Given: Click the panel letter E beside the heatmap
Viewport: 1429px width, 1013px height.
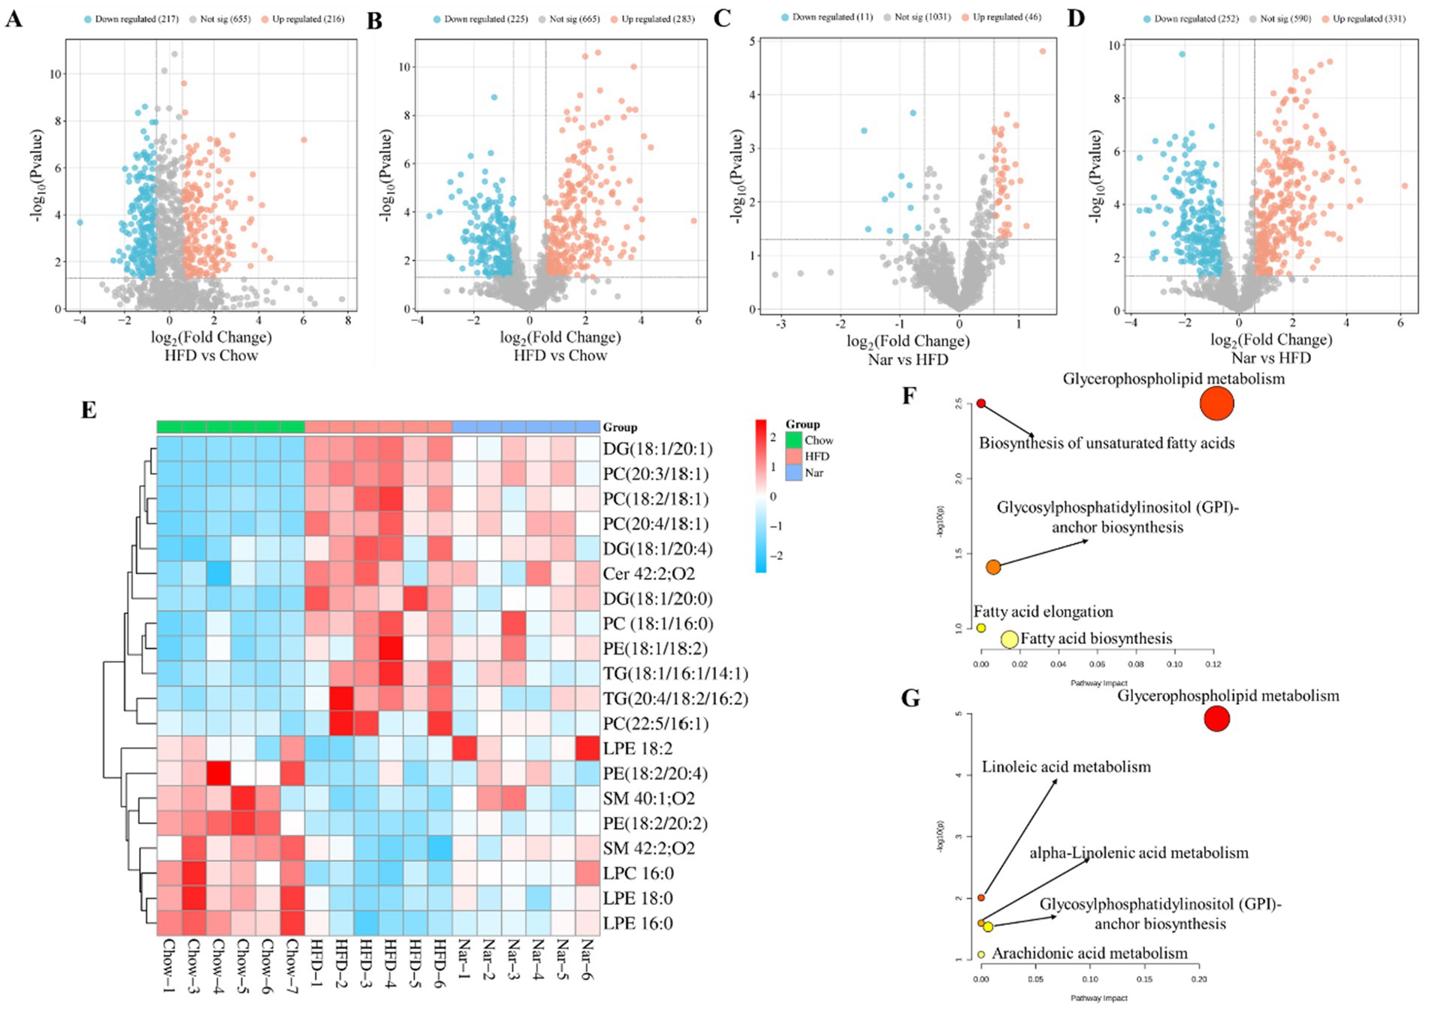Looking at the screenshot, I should tap(89, 410).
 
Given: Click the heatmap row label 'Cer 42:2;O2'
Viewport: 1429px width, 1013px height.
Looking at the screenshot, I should tap(648, 574).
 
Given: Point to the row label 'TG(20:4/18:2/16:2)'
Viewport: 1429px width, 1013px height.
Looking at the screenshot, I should tap(675, 699).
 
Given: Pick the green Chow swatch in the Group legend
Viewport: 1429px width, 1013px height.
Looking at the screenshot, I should tap(793, 440).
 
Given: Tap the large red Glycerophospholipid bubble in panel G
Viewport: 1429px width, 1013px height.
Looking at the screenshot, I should tap(1216, 719).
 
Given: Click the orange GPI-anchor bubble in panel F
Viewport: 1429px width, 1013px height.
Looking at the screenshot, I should tap(993, 567).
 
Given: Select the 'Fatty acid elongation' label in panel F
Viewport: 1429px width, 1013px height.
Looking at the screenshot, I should tap(1043, 612).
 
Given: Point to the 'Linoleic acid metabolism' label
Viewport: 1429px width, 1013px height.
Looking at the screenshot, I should tap(1065, 767).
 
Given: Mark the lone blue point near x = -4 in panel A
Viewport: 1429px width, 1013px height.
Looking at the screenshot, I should tap(80, 222).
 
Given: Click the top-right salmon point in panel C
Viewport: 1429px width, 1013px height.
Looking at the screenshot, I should tap(1042, 51).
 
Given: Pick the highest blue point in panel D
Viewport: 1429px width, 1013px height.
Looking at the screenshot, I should tap(1182, 54).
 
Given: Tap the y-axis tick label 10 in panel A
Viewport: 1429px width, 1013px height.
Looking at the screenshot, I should tap(56, 74).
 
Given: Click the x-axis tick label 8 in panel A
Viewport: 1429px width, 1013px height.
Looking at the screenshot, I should tap(348, 320).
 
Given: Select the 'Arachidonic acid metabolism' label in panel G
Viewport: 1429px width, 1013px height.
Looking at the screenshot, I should tap(1089, 954).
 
